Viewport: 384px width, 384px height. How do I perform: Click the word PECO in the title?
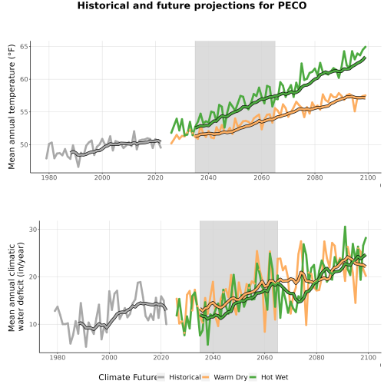pos(293,5)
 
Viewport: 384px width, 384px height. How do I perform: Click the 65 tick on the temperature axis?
pos(25,47)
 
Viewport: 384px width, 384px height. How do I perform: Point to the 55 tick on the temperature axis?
pos(25,112)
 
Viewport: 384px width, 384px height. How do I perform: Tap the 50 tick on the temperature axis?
pos(25,145)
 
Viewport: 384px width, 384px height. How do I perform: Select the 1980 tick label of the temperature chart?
pos(49,177)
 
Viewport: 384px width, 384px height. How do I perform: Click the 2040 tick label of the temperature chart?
pos(208,177)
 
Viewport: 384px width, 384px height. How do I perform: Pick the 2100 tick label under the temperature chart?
pos(368,177)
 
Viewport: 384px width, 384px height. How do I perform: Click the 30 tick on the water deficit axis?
pos(33,230)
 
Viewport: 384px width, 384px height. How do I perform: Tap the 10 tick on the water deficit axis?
pos(33,324)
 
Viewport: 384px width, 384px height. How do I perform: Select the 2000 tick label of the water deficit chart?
pos(109,357)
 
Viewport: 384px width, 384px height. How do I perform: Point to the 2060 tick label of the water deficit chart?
pos(265,357)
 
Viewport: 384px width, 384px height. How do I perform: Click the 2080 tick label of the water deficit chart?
pos(316,357)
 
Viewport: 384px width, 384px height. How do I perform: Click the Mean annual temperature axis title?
pos(12,107)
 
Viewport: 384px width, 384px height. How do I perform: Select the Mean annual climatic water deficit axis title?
pos(16,286)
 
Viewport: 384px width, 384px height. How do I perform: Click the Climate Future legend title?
pos(127,377)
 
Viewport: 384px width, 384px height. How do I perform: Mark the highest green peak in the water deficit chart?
pos(345,227)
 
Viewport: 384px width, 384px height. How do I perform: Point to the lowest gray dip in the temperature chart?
pos(78,167)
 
